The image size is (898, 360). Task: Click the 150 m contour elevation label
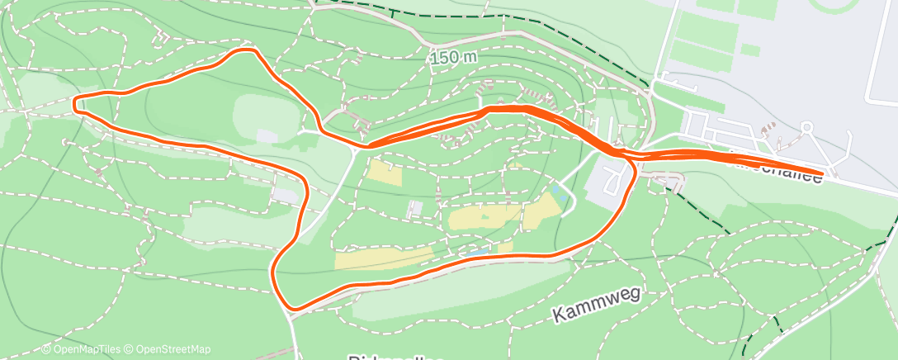pos(453,58)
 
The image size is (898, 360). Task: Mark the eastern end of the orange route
pos(820,174)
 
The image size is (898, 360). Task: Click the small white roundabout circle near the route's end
pos(807,128)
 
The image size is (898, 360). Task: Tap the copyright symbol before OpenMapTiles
pos(46,349)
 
